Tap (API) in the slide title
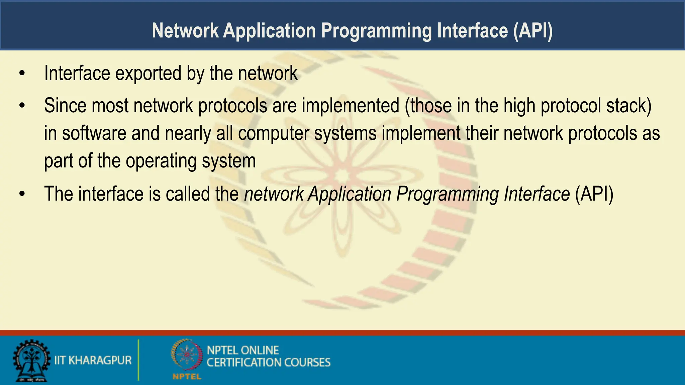[533, 31]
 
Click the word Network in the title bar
[185, 31]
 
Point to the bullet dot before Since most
[22, 106]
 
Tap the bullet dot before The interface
[22, 194]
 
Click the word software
[94, 133]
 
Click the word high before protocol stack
[519, 106]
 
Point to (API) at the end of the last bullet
[594, 194]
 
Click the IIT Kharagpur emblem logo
[31, 360]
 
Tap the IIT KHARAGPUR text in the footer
[93, 360]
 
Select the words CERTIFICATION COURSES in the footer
[268, 363]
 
